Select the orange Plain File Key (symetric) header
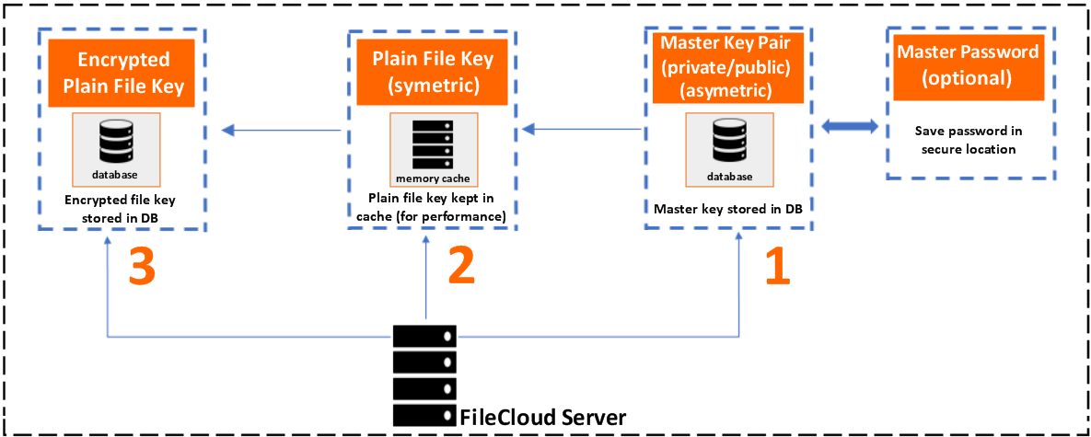click(433, 72)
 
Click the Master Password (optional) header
click(967, 65)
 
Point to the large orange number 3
click(141, 268)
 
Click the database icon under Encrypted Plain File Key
click(117, 140)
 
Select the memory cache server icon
click(433, 142)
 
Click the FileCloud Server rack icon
click(424, 373)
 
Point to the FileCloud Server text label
click(542, 417)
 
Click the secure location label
click(969, 149)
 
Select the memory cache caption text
click(433, 178)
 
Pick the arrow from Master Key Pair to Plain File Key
click(581, 130)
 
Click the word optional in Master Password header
click(967, 78)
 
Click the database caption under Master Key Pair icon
click(729, 177)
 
